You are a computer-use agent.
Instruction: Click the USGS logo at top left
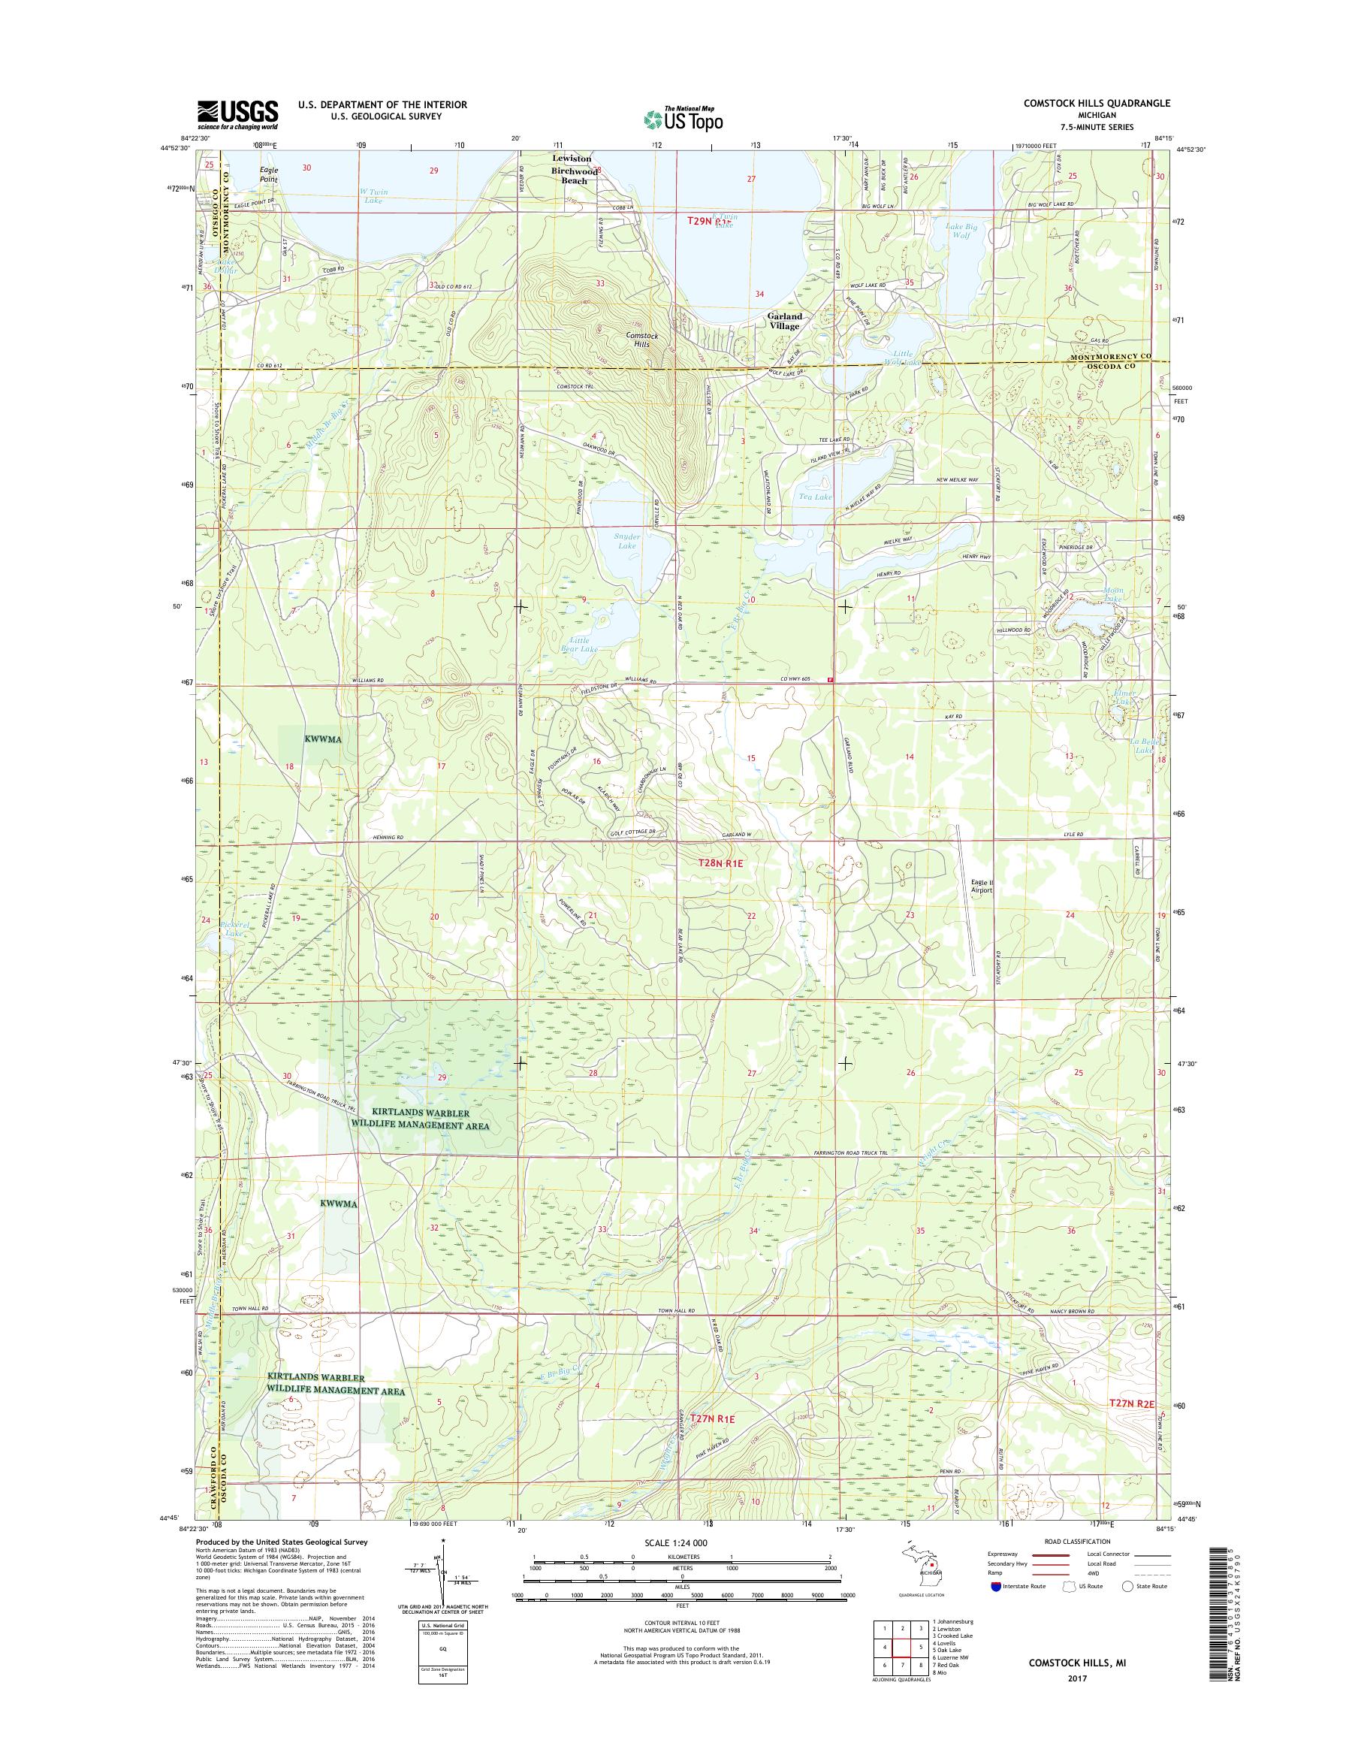pyautogui.click(x=237, y=114)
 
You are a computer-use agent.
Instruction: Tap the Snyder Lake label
pyautogui.click(x=626, y=540)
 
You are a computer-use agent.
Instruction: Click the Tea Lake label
pyautogui.click(x=810, y=497)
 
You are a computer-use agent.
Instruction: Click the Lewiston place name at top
pyautogui.click(x=572, y=159)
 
